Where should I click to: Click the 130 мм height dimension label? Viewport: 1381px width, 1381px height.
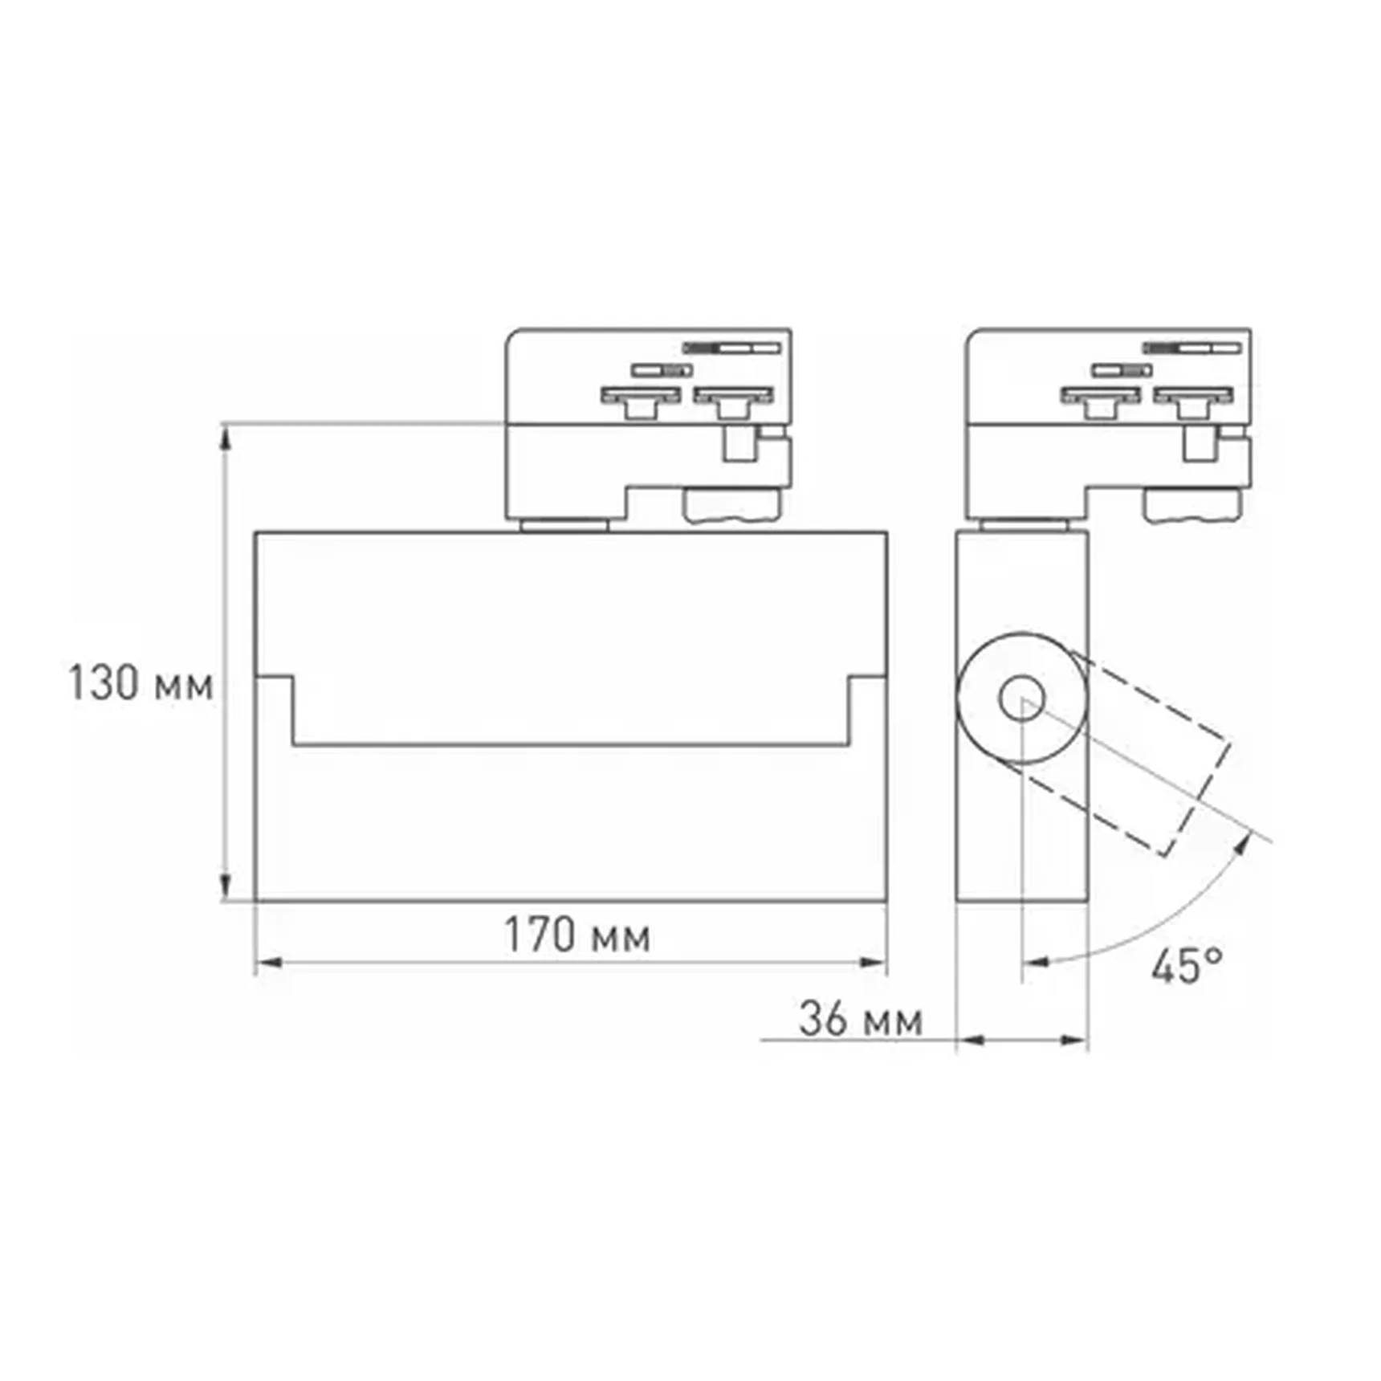pyautogui.click(x=141, y=685)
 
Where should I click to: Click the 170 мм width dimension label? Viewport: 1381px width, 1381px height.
pyautogui.click(x=576, y=935)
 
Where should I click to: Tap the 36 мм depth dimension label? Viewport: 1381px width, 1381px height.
pyautogui.click(x=860, y=1020)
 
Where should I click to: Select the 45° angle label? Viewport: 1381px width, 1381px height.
pyautogui.click(x=1187, y=966)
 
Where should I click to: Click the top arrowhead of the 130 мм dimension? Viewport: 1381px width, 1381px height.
pyautogui.click(x=226, y=437)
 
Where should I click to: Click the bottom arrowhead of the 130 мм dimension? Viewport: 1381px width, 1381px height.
pyautogui.click(x=226, y=886)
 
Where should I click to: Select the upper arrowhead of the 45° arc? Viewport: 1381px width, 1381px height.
pyautogui.click(x=1244, y=844)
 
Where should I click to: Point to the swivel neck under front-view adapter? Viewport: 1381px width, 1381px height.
pyautogui.click(x=564, y=525)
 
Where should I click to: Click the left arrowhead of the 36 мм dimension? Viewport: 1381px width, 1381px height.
pyautogui.click(x=971, y=1041)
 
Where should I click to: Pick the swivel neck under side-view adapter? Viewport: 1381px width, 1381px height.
pyautogui.click(x=1023, y=525)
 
